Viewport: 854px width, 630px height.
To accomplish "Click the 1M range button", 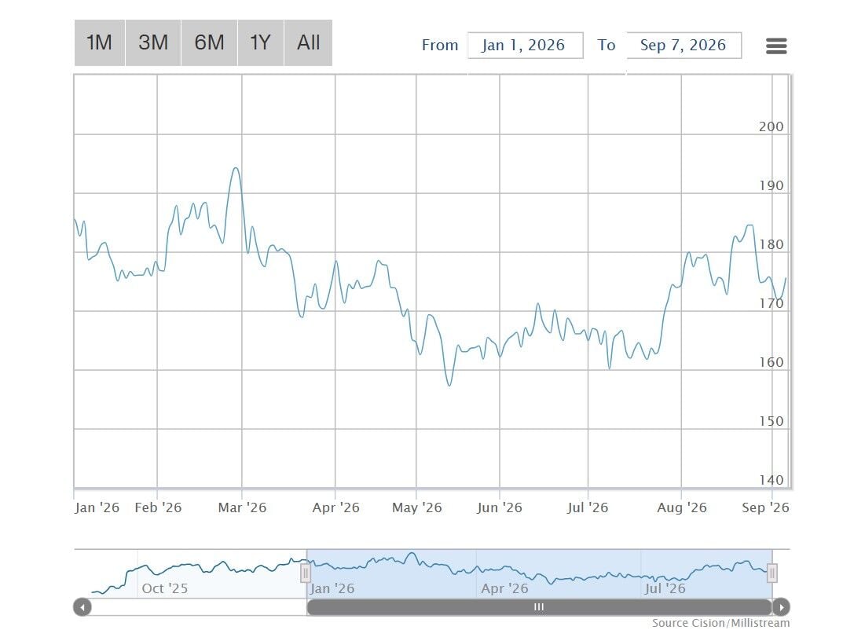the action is pyautogui.click(x=100, y=42).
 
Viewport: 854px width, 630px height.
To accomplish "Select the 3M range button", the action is pyautogui.click(x=153, y=42).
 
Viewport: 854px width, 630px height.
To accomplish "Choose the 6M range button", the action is pyautogui.click(x=209, y=42).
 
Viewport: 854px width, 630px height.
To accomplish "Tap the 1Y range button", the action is pyautogui.click(x=260, y=42).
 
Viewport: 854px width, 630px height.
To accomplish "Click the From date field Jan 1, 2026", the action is pyautogui.click(x=525, y=46).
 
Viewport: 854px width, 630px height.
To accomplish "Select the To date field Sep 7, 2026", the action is pyautogui.click(x=684, y=46).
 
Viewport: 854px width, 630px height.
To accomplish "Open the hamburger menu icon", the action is pyautogui.click(x=776, y=46).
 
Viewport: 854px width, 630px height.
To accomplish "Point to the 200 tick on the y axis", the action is pyautogui.click(x=772, y=126).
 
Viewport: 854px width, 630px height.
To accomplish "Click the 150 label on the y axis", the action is pyautogui.click(x=772, y=421).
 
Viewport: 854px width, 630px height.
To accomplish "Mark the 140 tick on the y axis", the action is pyautogui.click(x=772, y=480).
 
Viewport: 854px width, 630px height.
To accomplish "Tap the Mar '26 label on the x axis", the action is pyautogui.click(x=242, y=507).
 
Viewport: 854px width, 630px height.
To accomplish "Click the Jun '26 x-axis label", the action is pyautogui.click(x=500, y=507).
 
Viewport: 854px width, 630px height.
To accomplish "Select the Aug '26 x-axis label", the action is pyautogui.click(x=682, y=507).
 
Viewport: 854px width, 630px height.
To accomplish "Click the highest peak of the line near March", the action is pyautogui.click(x=236, y=168).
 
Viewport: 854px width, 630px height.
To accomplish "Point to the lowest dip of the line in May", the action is pyautogui.click(x=449, y=386).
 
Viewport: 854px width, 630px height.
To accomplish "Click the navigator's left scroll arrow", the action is pyautogui.click(x=82, y=607).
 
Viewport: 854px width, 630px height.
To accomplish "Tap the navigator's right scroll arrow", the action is pyautogui.click(x=781, y=607).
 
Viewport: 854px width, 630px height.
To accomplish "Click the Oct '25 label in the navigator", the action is pyautogui.click(x=164, y=588).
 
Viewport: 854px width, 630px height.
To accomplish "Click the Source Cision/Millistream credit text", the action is pyautogui.click(x=720, y=623).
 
